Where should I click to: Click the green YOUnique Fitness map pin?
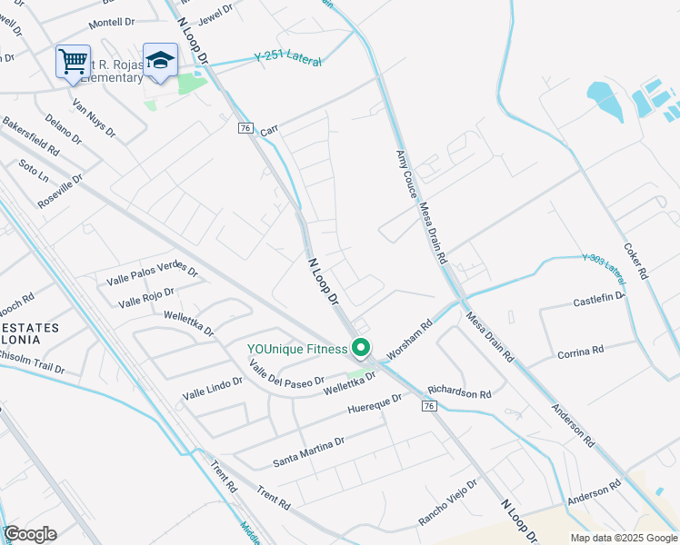coord(361,347)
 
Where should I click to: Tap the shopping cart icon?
coord(73,62)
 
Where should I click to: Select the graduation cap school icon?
coord(160,60)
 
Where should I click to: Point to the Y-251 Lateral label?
coord(288,56)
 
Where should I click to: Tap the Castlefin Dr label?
coord(599,299)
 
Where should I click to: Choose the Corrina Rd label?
coord(580,351)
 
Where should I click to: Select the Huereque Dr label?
coord(375,404)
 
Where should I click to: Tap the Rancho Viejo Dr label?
coord(447,502)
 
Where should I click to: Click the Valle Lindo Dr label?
coord(213,389)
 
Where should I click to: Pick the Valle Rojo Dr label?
coord(145,296)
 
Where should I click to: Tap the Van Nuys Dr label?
coord(95,118)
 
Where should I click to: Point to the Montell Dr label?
coord(112,22)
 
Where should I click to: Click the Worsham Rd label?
coord(408,339)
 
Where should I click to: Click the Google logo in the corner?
coord(30,534)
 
